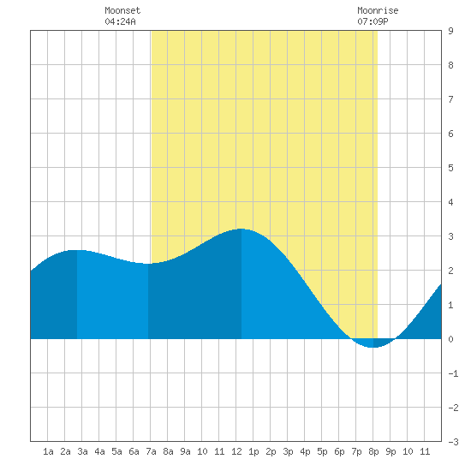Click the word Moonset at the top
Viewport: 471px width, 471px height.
point(122,10)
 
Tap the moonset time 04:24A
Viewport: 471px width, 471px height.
point(120,21)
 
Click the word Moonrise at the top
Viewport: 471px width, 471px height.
point(378,10)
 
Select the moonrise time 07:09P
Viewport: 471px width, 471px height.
point(373,21)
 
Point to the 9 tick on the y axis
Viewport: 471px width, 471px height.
point(450,31)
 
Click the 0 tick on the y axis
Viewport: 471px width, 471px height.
point(450,339)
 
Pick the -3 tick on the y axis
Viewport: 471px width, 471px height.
point(453,442)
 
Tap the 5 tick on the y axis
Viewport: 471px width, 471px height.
point(450,168)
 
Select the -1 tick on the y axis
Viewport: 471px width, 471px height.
point(453,373)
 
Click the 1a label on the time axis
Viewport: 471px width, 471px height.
point(48,451)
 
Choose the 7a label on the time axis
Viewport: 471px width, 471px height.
point(151,451)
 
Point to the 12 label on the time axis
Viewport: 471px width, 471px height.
point(236,451)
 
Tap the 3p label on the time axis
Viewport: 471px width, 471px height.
point(288,451)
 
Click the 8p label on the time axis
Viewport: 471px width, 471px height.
point(373,451)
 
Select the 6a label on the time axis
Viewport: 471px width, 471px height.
point(134,451)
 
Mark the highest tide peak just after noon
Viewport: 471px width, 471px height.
point(241,230)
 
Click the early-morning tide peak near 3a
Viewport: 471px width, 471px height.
point(77,250)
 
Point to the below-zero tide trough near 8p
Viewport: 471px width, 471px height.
point(373,347)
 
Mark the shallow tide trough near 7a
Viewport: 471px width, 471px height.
point(148,264)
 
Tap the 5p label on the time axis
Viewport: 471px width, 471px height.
point(322,451)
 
